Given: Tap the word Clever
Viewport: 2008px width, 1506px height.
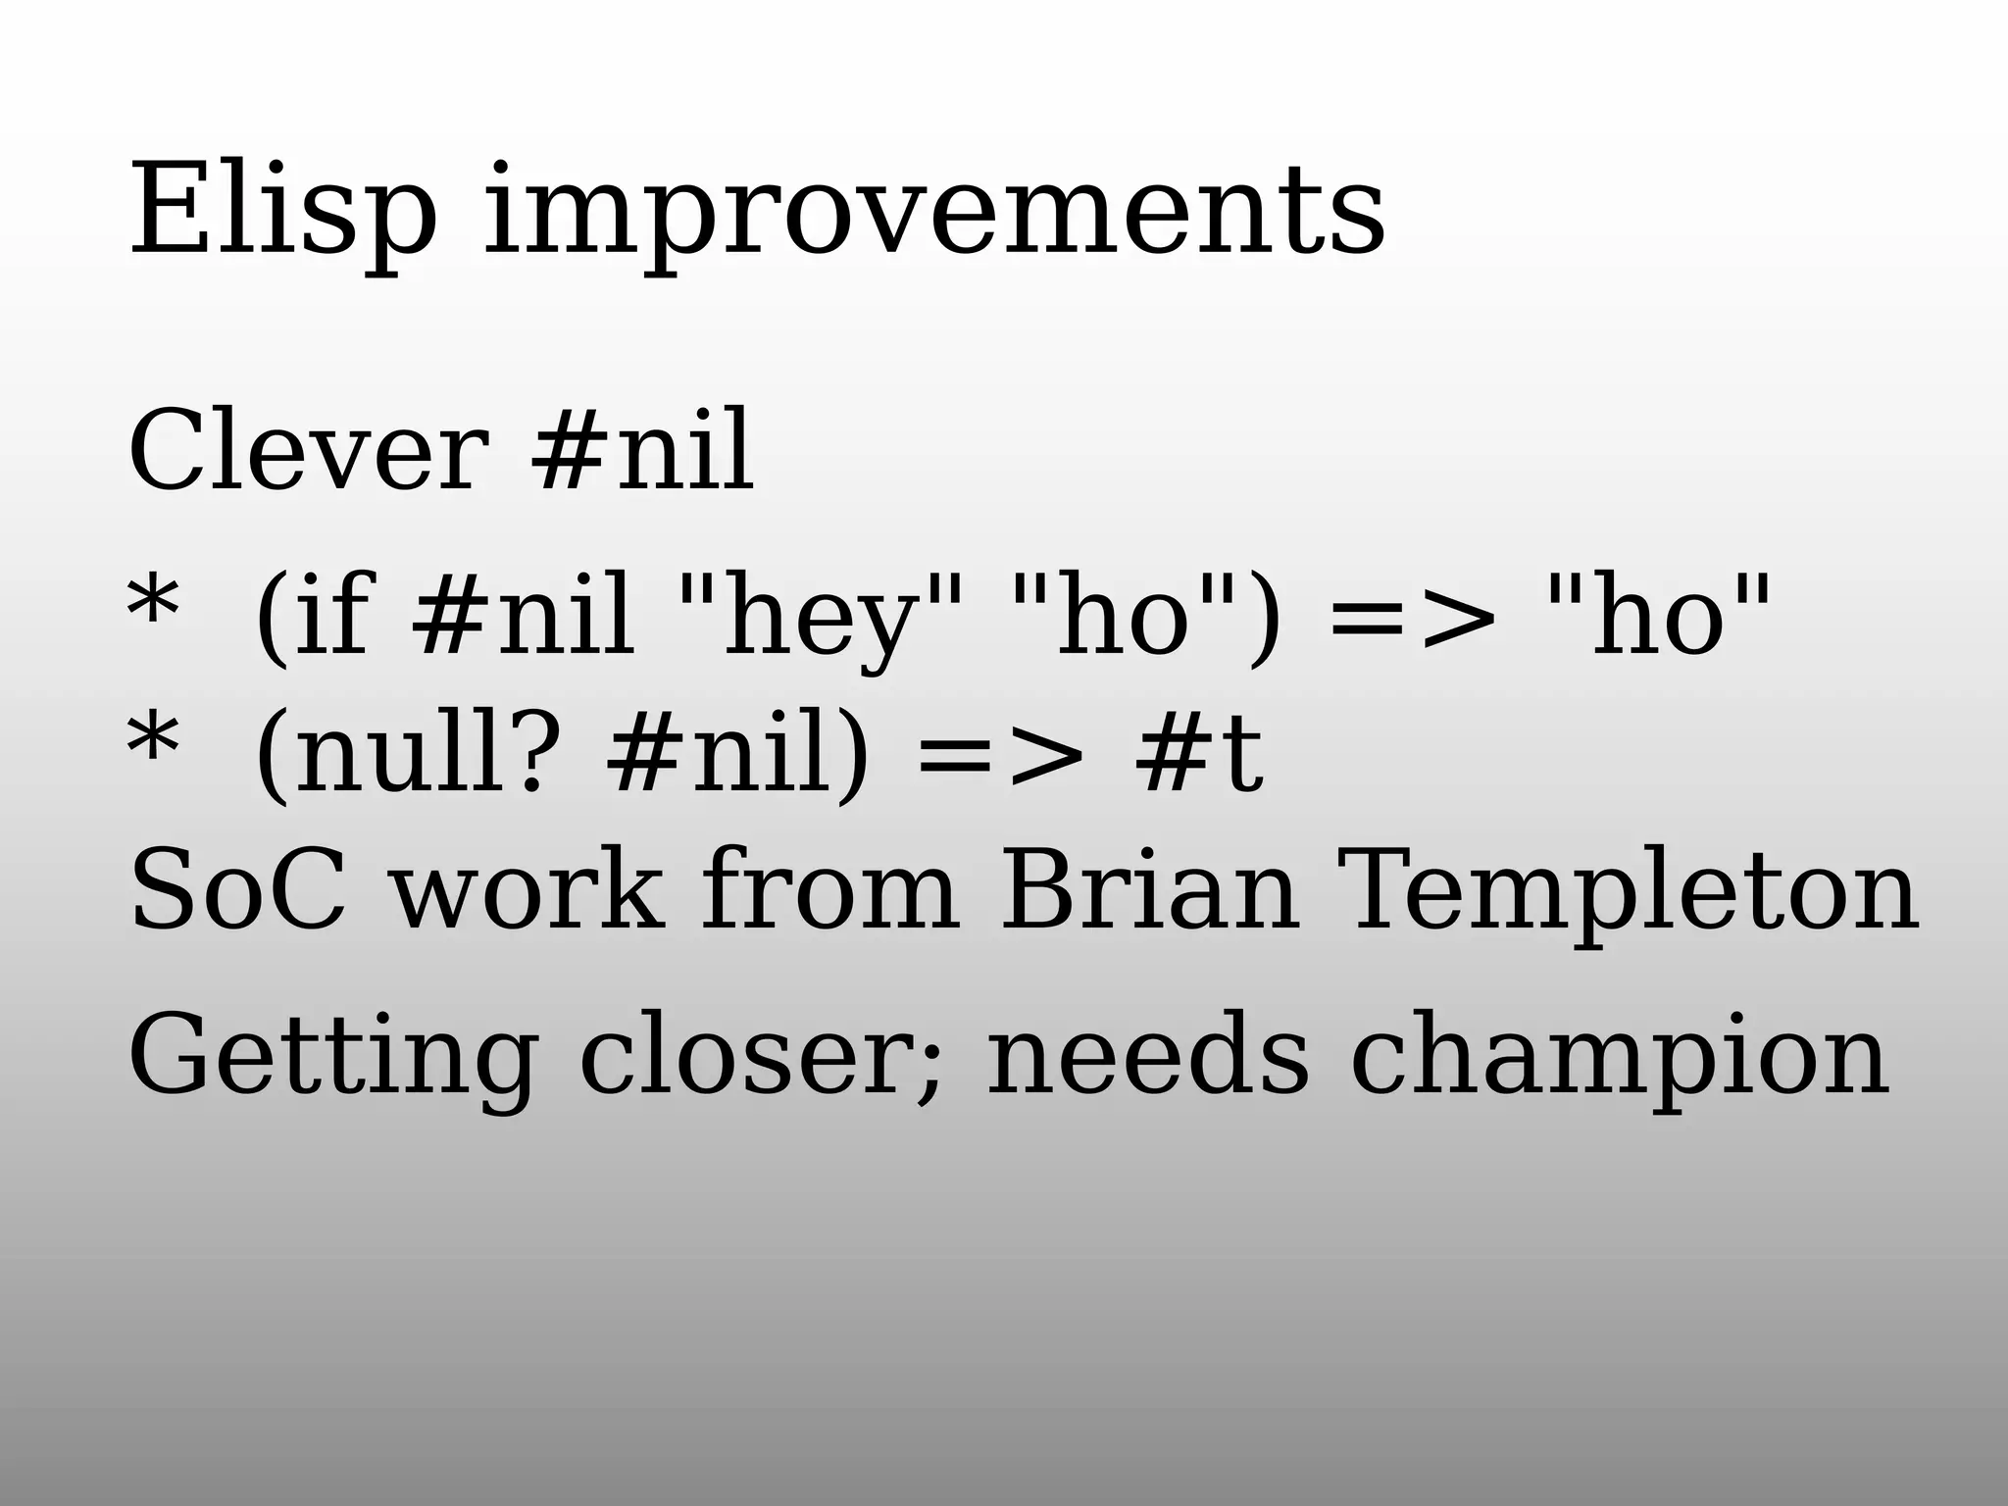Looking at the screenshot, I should [308, 452].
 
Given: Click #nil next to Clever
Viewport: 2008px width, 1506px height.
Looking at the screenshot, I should [642, 452].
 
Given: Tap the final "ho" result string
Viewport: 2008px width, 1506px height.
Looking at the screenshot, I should [1658, 618].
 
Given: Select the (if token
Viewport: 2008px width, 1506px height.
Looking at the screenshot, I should [312, 618].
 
